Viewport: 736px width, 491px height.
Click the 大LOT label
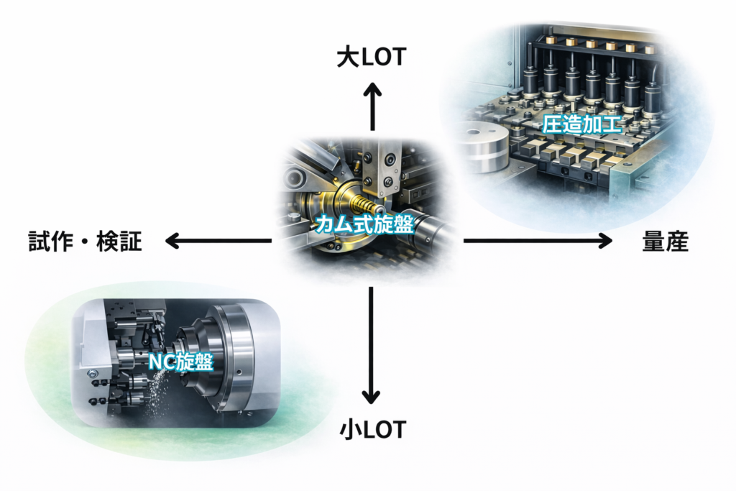[372, 58]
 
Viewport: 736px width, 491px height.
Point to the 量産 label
[665, 242]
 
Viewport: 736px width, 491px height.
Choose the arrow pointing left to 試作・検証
[218, 242]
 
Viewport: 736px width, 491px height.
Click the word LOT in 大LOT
[384, 58]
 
